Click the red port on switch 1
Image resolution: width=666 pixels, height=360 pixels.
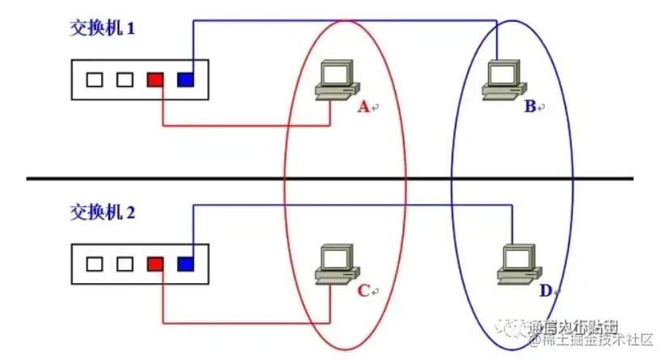click(155, 80)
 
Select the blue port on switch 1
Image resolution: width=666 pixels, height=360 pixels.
click(185, 80)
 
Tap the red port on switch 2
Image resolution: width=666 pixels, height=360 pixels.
click(155, 264)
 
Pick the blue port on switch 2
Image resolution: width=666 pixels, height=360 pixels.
click(185, 264)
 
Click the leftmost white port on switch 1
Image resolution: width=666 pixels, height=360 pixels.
click(95, 80)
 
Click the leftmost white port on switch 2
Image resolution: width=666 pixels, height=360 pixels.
click(95, 264)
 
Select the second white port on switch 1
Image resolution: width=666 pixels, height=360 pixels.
click(125, 80)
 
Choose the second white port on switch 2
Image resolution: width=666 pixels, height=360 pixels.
click(125, 264)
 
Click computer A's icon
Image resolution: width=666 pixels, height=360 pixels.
click(332, 81)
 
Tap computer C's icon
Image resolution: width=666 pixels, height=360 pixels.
click(332, 264)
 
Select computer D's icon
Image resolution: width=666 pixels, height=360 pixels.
click(515, 263)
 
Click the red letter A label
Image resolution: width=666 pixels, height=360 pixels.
click(363, 107)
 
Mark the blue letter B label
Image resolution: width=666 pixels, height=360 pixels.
click(530, 107)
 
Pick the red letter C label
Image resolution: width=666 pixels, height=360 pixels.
click(363, 290)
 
